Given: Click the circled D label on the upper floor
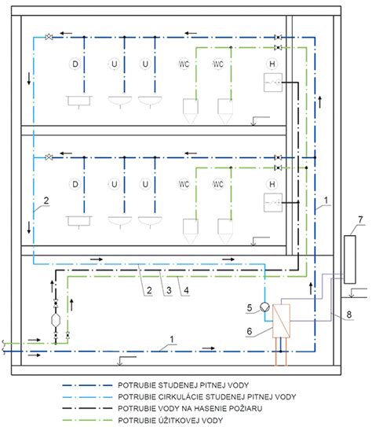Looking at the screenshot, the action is [75, 64].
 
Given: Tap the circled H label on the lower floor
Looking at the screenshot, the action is [272, 184].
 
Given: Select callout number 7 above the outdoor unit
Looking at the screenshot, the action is [360, 219].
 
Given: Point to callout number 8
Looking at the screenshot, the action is [349, 315].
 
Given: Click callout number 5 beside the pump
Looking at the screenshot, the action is [250, 308].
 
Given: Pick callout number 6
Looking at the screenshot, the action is [250, 331].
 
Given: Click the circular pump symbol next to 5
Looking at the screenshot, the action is [264, 307].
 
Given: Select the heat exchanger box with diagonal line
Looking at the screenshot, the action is [281, 321].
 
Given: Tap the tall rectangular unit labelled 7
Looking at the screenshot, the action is [350, 260].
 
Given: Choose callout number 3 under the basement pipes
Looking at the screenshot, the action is [169, 290].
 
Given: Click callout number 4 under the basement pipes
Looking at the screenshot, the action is [186, 290].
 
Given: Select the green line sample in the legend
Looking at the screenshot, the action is [87, 420].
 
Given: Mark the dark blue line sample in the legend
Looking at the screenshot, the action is [87, 385].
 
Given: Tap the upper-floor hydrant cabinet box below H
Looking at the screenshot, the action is [273, 83].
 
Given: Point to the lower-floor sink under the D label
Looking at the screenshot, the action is [78, 222].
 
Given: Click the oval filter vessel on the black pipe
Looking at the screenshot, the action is [56, 319].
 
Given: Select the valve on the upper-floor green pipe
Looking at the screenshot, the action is [278, 48].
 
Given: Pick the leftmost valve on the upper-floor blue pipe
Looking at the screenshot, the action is [49, 37].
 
